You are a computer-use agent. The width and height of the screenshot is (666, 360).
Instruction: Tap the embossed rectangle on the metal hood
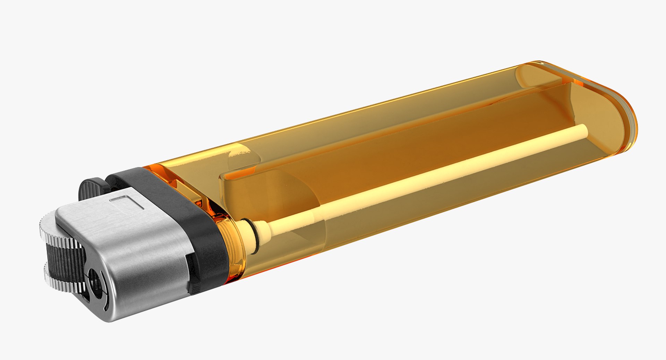[127, 202]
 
